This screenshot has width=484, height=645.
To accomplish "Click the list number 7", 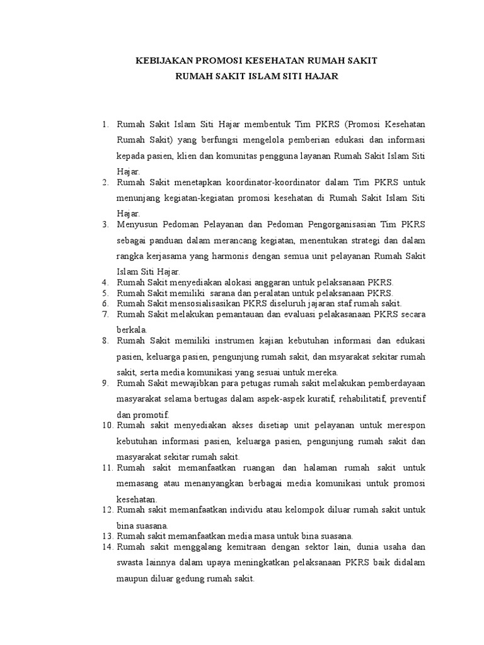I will [105, 314].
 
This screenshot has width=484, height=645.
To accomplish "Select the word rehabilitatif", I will [364, 399].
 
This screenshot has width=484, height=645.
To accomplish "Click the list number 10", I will [107, 425].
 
